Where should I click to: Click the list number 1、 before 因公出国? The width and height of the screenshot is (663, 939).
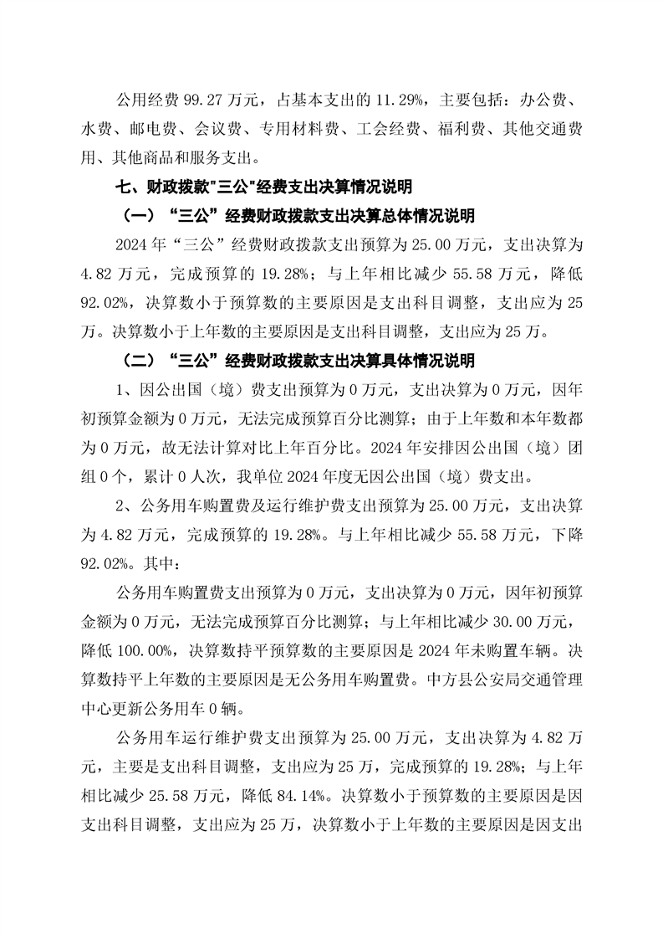[125, 390]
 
